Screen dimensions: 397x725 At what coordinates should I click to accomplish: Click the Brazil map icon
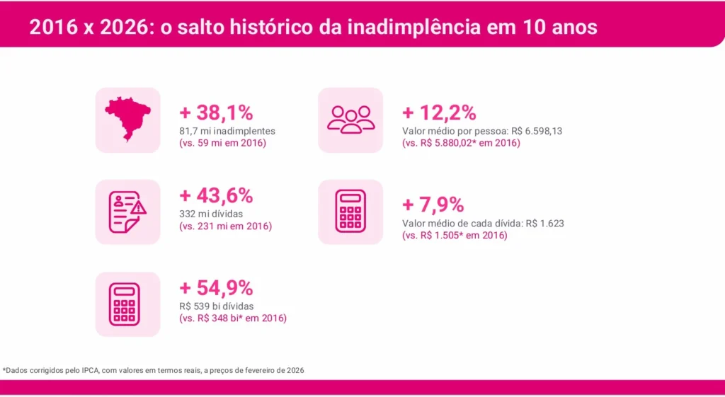click(x=127, y=120)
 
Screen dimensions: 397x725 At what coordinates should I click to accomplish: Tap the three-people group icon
click(x=350, y=120)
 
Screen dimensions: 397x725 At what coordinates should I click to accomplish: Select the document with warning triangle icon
click(x=127, y=212)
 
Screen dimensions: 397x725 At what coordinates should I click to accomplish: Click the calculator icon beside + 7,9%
click(x=350, y=212)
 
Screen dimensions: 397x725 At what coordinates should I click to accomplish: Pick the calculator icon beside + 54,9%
click(x=127, y=304)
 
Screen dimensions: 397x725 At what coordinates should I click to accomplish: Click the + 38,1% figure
click(x=216, y=113)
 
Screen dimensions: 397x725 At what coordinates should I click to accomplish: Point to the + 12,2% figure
click(x=439, y=113)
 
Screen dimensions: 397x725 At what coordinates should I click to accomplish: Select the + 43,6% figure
click(x=216, y=196)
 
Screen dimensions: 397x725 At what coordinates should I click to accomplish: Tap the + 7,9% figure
click(x=433, y=205)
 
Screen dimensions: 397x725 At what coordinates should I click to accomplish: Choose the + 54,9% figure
click(x=216, y=288)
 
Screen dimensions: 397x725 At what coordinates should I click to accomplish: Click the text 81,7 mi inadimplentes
click(x=227, y=131)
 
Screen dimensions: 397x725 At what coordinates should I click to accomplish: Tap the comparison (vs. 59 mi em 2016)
click(x=222, y=144)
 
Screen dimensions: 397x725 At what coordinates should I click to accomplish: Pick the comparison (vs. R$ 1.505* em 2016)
click(x=455, y=236)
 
